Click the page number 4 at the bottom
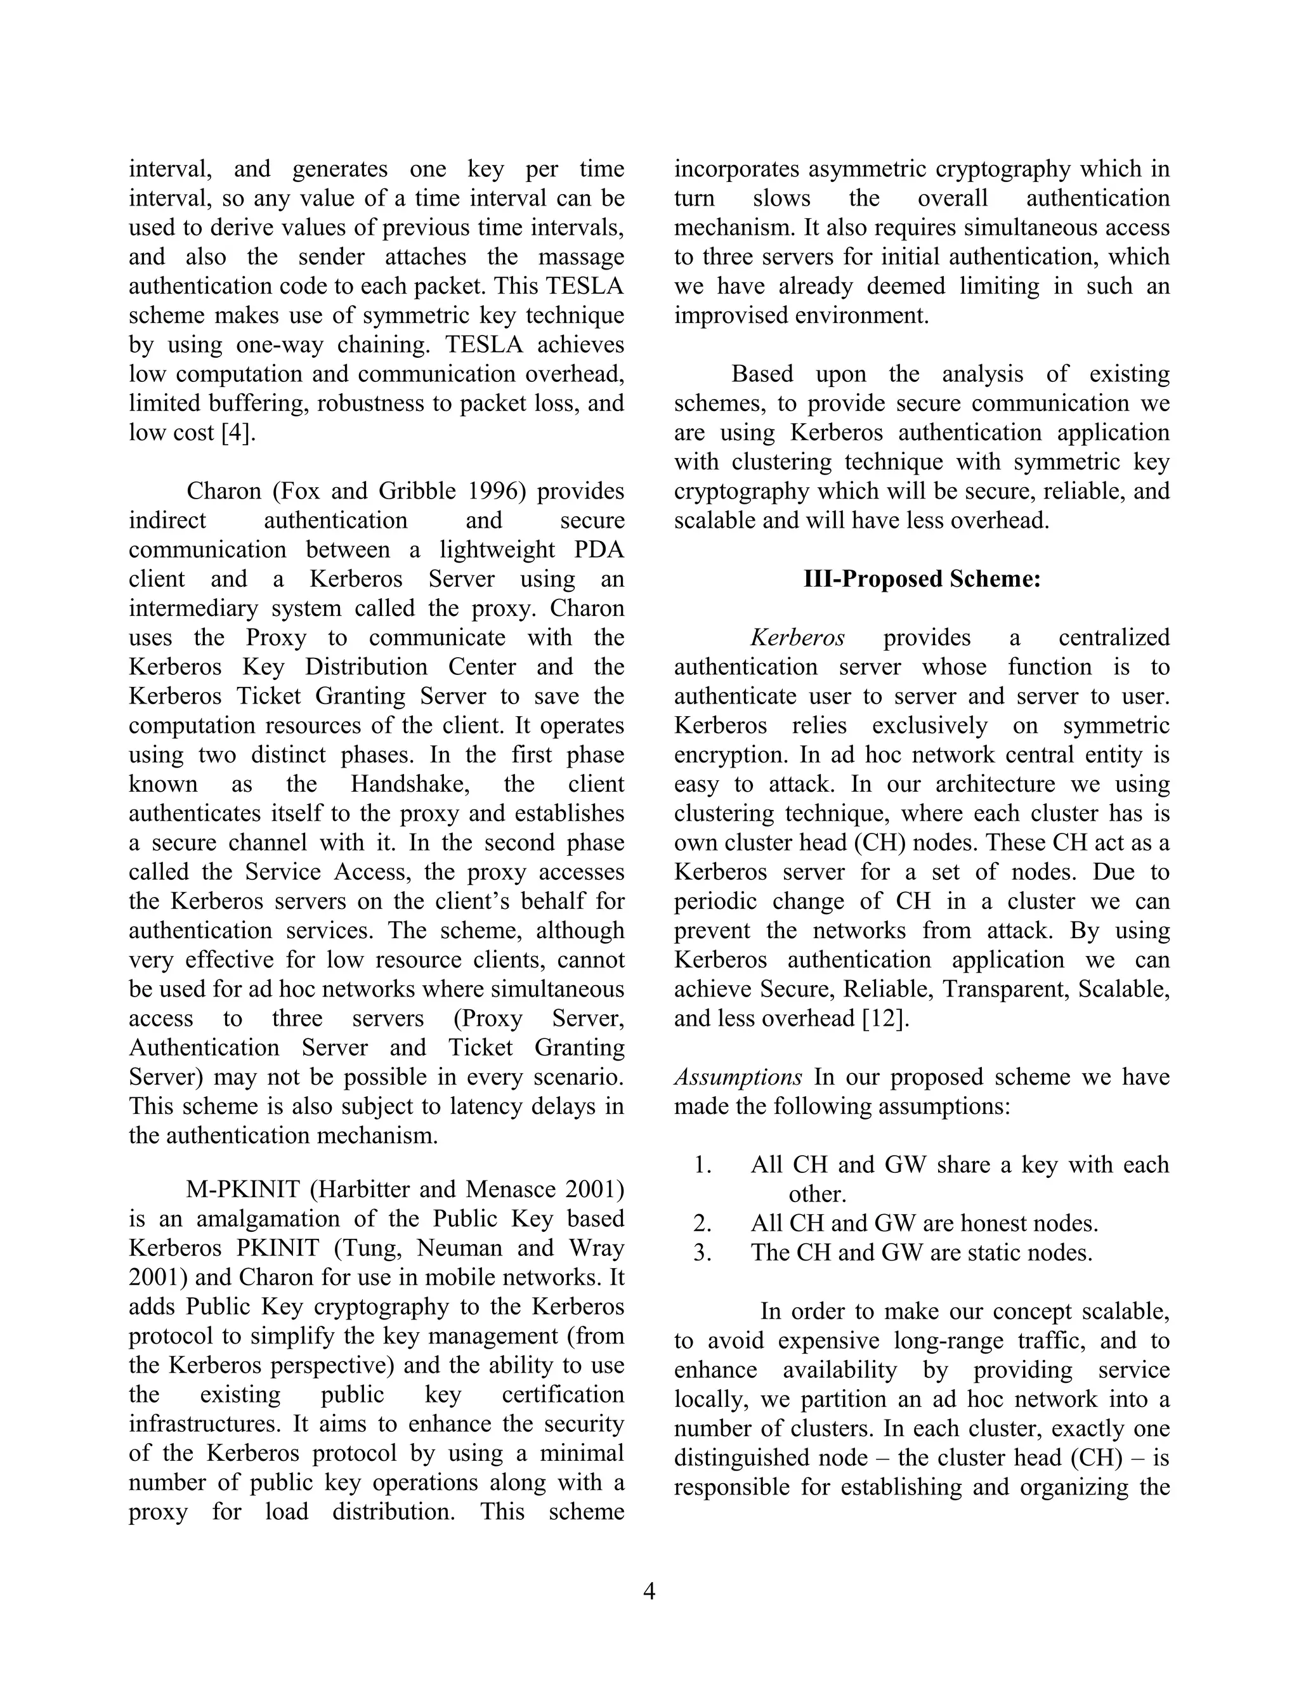point(649,1591)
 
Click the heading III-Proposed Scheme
point(921,579)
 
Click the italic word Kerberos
point(797,638)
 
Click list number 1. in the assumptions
point(702,1165)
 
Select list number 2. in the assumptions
point(702,1224)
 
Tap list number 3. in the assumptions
point(702,1253)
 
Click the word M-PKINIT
point(242,1190)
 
